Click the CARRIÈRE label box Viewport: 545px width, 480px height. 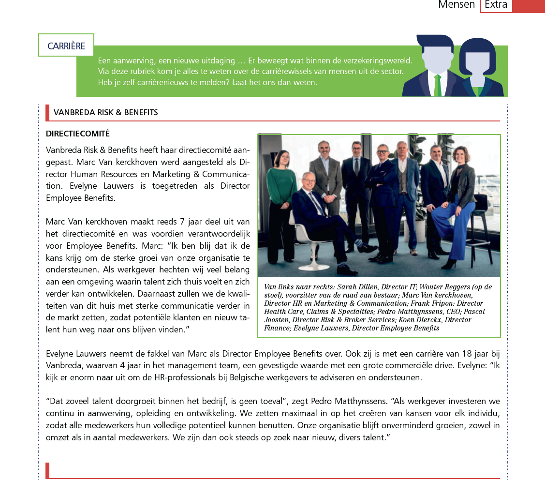pos(66,45)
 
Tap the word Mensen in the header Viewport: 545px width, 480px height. pos(456,5)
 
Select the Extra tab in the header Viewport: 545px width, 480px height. pos(496,5)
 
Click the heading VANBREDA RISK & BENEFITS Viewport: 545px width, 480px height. pos(105,112)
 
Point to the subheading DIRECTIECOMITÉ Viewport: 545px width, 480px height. pos(78,134)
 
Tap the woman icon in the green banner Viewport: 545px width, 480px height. pos(477,68)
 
